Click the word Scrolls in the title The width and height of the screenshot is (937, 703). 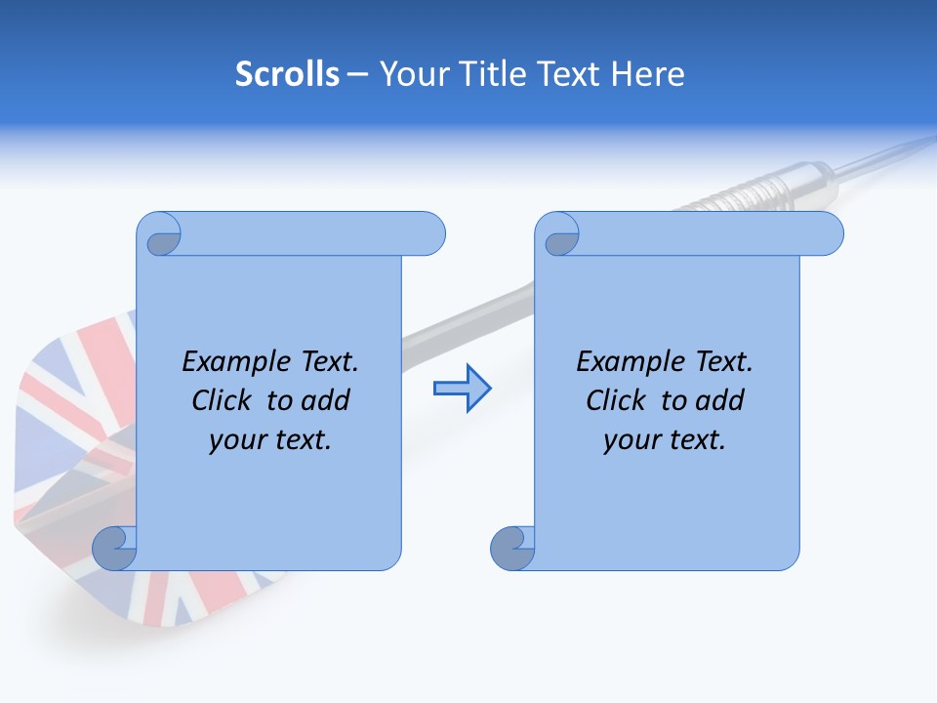(287, 74)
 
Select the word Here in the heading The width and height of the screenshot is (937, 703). (648, 74)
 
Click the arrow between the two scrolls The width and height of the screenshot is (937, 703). (462, 389)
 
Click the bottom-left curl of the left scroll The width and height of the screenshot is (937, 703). (114, 548)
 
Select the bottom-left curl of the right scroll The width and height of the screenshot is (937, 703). (512, 548)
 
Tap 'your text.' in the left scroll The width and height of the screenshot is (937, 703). (269, 439)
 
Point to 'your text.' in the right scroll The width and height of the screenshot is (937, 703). (664, 439)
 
